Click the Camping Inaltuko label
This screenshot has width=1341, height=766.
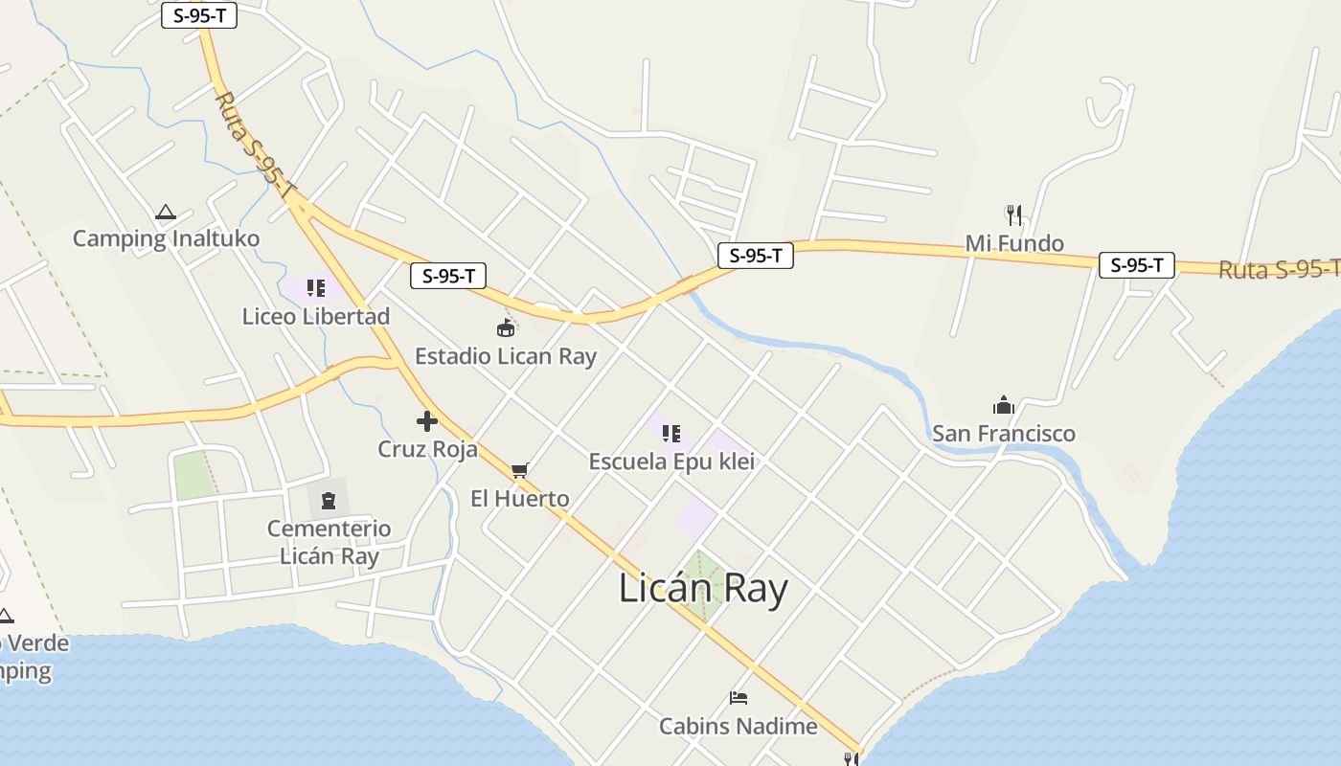coord(166,238)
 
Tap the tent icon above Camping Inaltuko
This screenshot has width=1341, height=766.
coord(166,213)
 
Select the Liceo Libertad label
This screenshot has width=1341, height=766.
coord(316,316)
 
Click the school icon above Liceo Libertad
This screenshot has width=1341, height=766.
coord(316,287)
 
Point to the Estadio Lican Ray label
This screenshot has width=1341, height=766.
coord(506,356)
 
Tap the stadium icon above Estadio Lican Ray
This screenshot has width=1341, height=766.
coord(506,328)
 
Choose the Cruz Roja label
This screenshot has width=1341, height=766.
coord(427,448)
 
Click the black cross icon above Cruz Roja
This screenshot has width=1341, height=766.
coord(427,420)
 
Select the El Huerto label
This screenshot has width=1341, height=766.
coord(520,498)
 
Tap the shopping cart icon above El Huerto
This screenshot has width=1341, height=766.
coord(520,470)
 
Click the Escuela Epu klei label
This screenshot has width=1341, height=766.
coord(671,461)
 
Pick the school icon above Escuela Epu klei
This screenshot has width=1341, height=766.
coord(671,433)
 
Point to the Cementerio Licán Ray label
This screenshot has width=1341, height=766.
coord(329,542)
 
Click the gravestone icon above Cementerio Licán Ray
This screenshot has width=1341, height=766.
coord(329,500)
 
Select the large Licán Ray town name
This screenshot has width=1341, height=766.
coord(703,588)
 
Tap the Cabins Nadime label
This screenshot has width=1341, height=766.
coord(739,726)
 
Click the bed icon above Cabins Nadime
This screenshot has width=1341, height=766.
coord(739,697)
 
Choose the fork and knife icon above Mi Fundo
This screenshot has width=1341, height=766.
coord(1014,214)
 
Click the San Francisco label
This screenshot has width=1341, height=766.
coord(1004,433)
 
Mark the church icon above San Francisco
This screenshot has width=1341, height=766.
coord(1004,405)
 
